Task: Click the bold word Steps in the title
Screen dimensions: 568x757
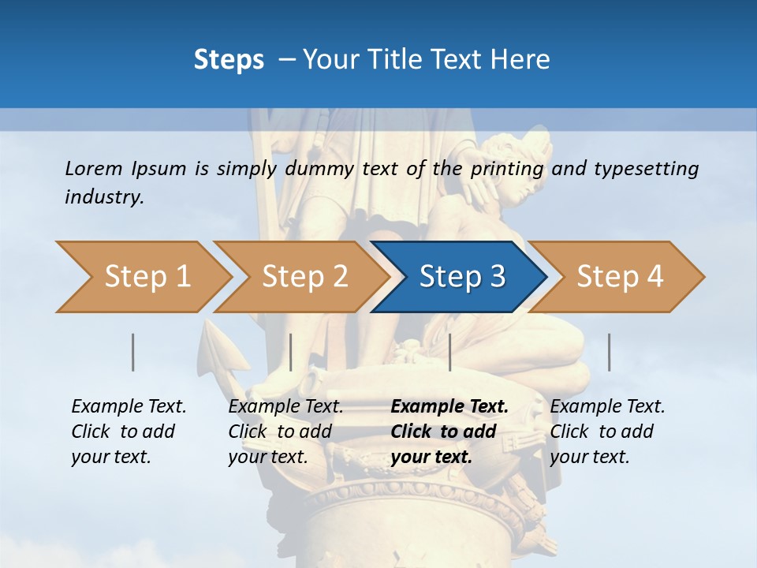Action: tap(229, 60)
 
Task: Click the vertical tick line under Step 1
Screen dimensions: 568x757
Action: tap(133, 352)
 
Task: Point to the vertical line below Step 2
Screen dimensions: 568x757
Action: tap(291, 352)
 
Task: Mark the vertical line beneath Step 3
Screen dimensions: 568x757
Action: tap(449, 352)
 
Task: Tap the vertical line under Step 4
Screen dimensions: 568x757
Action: tap(609, 352)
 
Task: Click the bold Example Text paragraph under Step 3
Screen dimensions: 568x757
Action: tap(449, 432)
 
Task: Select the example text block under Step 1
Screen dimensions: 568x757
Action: tap(129, 432)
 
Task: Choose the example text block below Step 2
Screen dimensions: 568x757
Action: tap(285, 432)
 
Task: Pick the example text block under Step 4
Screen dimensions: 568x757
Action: tap(607, 432)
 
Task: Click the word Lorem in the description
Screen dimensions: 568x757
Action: tap(94, 168)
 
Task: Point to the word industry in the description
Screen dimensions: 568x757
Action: tap(104, 197)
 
